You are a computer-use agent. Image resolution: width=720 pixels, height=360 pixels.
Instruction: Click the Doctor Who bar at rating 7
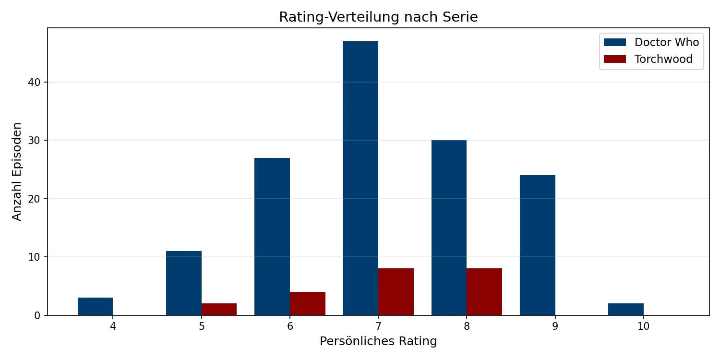tap(360, 178)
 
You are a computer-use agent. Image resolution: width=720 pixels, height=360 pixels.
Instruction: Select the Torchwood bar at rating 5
tap(219, 310)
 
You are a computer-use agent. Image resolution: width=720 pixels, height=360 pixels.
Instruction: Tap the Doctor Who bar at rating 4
tap(95, 306)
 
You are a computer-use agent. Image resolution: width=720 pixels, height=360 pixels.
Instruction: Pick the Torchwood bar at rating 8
tap(484, 292)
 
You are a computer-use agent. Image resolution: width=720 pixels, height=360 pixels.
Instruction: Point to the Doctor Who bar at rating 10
tap(626, 309)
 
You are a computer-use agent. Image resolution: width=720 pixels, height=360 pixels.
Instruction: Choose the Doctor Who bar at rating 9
tap(538, 245)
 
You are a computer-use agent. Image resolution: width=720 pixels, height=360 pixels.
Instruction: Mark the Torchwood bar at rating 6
tap(308, 303)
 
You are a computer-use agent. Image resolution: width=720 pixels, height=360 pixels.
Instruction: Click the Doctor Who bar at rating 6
tap(272, 237)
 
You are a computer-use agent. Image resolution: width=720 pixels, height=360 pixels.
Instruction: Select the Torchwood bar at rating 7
tap(396, 292)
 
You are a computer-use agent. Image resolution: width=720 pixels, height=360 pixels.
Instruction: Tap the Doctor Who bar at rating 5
tap(184, 283)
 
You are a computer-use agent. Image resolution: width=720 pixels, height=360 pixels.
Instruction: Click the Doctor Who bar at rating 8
tap(449, 228)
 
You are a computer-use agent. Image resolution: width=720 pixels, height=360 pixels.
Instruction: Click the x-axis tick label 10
tap(644, 326)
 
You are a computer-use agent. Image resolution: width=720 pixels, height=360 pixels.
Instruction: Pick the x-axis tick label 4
tap(113, 326)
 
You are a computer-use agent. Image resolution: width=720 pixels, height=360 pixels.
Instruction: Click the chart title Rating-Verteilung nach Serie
tap(378, 17)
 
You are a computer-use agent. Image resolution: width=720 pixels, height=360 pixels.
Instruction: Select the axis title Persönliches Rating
tap(378, 341)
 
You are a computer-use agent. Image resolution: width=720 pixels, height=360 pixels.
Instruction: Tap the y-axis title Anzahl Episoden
tap(17, 171)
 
